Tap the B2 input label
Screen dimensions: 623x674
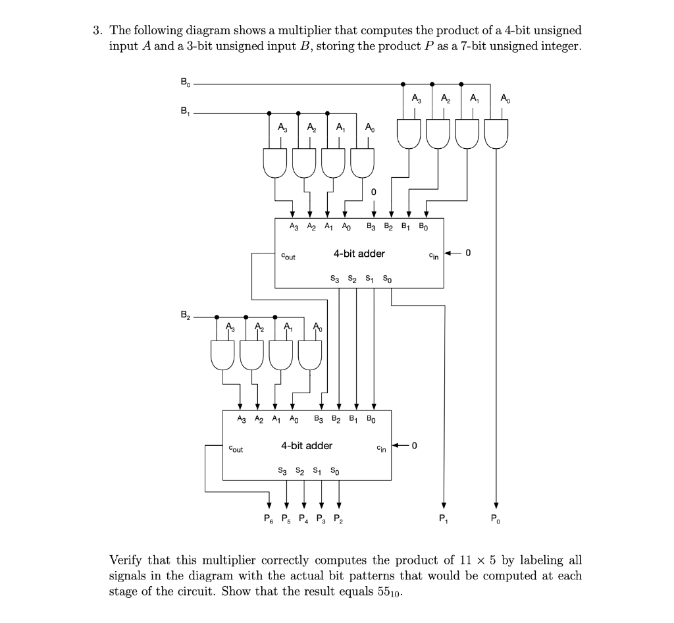(x=184, y=315)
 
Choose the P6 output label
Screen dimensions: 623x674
(x=269, y=519)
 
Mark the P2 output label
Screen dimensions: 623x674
(x=339, y=519)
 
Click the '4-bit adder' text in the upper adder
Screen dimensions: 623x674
(x=359, y=253)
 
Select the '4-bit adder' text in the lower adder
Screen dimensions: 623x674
(x=307, y=446)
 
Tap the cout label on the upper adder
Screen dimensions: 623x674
(x=288, y=256)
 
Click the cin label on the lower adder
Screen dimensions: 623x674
(x=381, y=449)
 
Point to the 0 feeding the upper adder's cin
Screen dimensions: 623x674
(x=468, y=253)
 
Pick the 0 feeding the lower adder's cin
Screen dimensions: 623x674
(x=415, y=446)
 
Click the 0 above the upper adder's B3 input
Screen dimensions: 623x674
(x=373, y=191)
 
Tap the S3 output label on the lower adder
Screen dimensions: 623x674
(x=282, y=472)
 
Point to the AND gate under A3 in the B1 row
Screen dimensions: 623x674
(x=274, y=161)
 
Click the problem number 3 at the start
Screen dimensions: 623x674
(x=96, y=30)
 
